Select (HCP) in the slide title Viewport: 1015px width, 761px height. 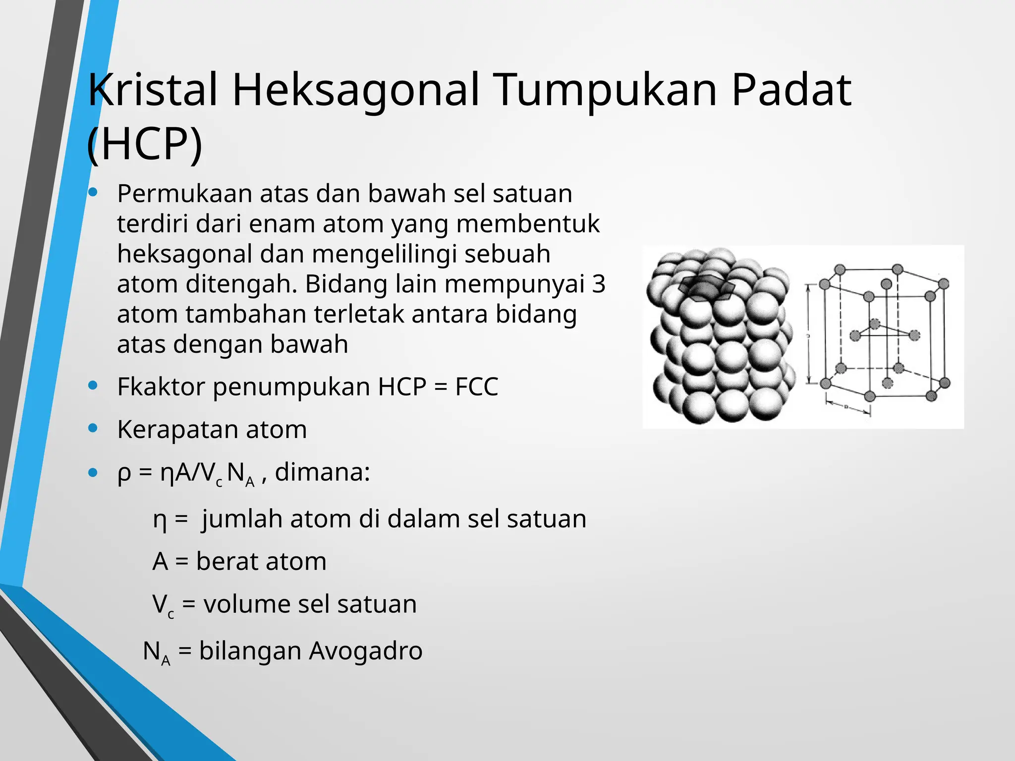tap(144, 144)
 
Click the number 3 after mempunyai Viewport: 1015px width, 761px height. tap(599, 284)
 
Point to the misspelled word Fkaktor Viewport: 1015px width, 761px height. tap(161, 387)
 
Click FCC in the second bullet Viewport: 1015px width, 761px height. tap(476, 387)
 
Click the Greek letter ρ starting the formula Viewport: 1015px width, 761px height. tap(124, 473)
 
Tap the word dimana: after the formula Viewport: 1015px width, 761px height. tap(322, 472)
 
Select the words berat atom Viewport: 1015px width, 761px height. tap(261, 562)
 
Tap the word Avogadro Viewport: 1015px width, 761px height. tap(365, 651)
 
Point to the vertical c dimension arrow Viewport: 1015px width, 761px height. tap(809, 334)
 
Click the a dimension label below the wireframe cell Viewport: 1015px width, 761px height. tap(846, 407)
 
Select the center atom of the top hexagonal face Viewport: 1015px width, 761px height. tap(886, 284)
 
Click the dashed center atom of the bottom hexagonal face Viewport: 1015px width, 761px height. tap(887, 383)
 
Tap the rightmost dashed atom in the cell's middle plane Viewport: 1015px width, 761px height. tap(914, 335)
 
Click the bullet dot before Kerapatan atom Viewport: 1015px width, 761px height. tap(93, 428)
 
